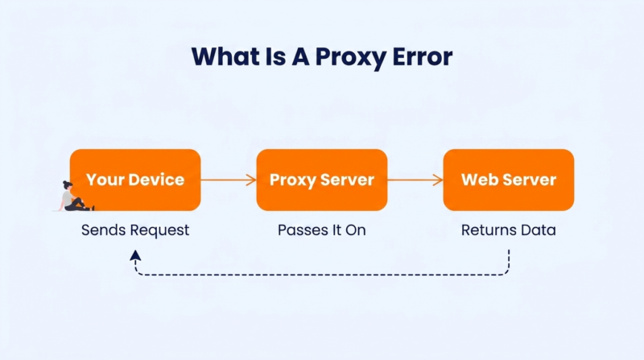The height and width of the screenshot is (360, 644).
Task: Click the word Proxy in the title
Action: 351,56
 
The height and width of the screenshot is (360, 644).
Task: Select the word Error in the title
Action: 423,56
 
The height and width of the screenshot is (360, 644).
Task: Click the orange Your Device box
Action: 135,180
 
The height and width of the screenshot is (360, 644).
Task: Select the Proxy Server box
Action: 321,180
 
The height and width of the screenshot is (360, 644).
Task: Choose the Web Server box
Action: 509,180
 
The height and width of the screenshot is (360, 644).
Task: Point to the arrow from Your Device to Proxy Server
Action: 229,180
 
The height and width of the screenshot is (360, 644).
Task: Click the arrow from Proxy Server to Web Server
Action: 415,180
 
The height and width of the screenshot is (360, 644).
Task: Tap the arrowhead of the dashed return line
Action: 135,255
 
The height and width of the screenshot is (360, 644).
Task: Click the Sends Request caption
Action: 135,230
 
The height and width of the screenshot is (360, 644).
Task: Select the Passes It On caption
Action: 321,230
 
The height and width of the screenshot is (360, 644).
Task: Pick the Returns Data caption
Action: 509,230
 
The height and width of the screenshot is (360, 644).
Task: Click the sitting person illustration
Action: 76,197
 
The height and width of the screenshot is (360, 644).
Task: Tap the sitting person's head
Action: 68,185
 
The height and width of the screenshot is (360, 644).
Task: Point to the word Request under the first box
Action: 162,230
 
